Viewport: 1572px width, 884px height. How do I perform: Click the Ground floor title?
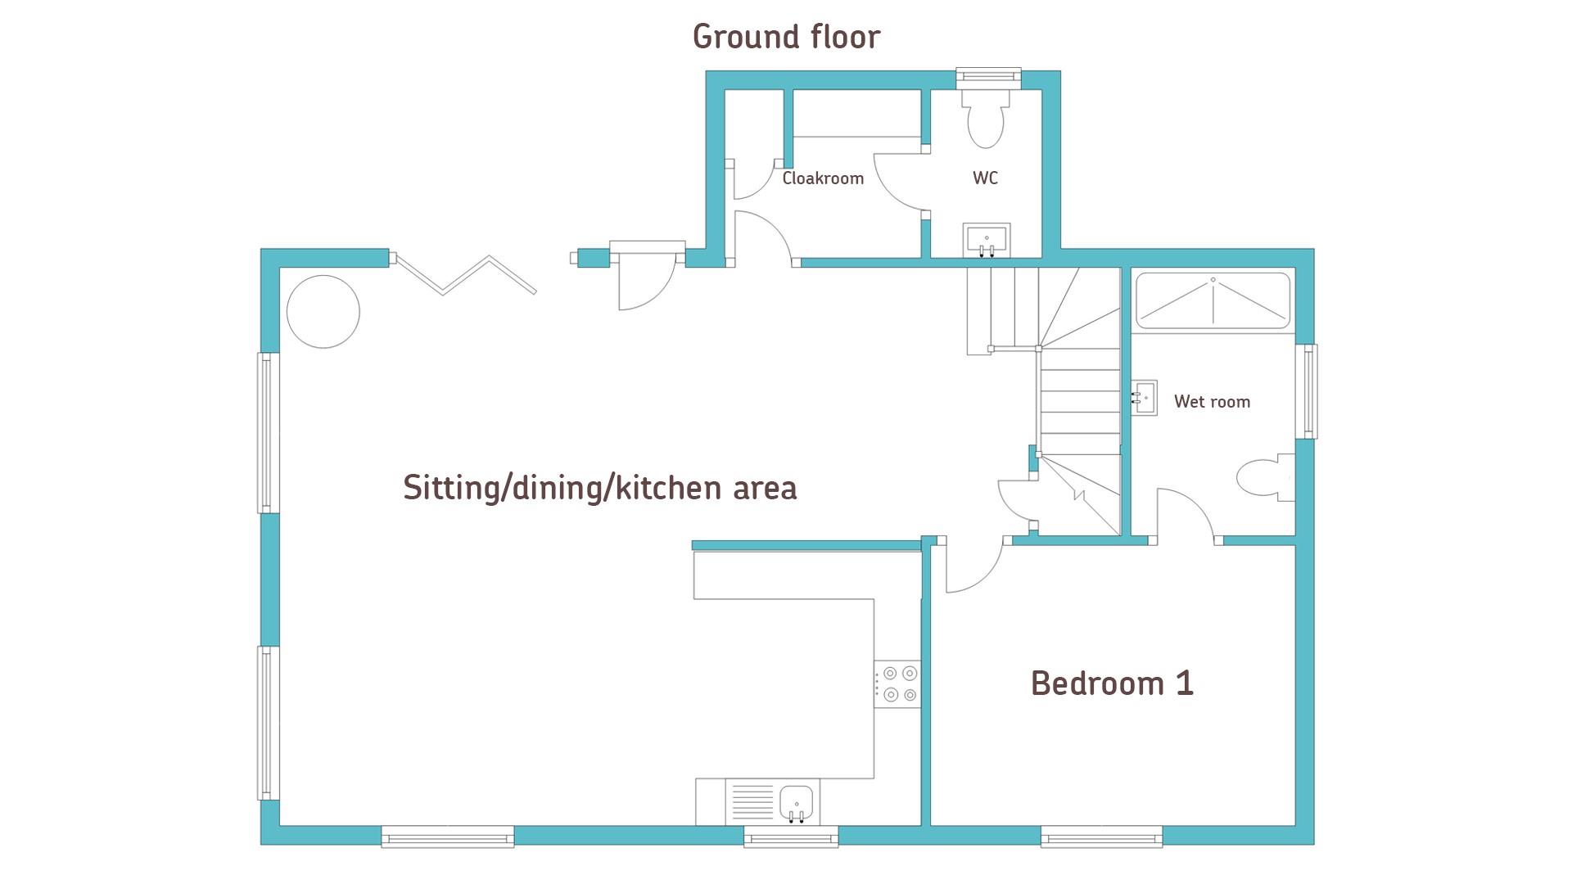click(786, 37)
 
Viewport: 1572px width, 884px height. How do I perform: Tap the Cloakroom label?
click(823, 178)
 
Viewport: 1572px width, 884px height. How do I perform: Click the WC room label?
click(985, 178)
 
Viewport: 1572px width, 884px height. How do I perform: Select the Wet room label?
click(1212, 402)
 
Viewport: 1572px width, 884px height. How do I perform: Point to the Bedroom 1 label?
click(1112, 683)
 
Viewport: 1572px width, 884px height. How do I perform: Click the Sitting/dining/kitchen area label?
click(599, 488)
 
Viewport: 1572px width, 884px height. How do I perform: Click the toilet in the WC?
click(986, 119)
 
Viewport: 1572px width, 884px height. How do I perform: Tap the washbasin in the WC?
click(987, 240)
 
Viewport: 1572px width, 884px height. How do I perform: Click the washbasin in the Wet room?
click(1145, 398)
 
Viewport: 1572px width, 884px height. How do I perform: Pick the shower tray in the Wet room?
click(1213, 300)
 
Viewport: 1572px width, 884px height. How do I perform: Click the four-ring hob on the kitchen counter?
click(897, 684)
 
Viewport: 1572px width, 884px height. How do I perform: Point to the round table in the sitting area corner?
click(323, 312)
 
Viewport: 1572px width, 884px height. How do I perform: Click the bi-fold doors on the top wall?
click(463, 274)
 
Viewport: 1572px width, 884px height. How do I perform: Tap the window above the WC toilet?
click(989, 76)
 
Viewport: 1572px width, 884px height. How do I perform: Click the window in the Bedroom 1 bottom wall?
click(1102, 837)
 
